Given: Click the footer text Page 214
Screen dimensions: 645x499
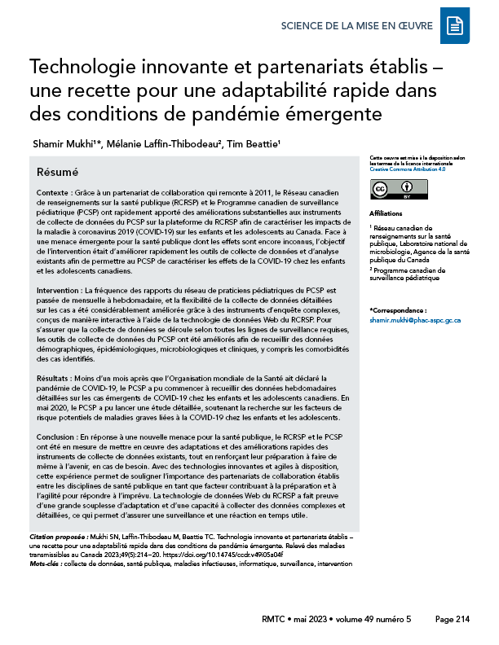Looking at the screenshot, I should [x=453, y=620].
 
